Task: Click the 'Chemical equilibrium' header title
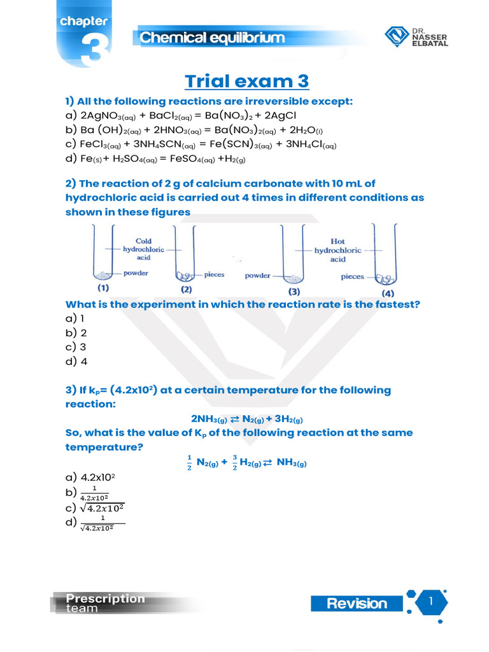tap(213, 38)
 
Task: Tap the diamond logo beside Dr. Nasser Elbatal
tap(398, 37)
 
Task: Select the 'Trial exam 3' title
tap(246, 81)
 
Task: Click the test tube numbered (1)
tap(103, 255)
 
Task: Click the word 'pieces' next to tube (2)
tap(214, 274)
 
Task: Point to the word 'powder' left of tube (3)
tap(257, 276)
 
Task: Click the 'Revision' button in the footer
tap(357, 604)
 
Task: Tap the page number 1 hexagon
tap(431, 602)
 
